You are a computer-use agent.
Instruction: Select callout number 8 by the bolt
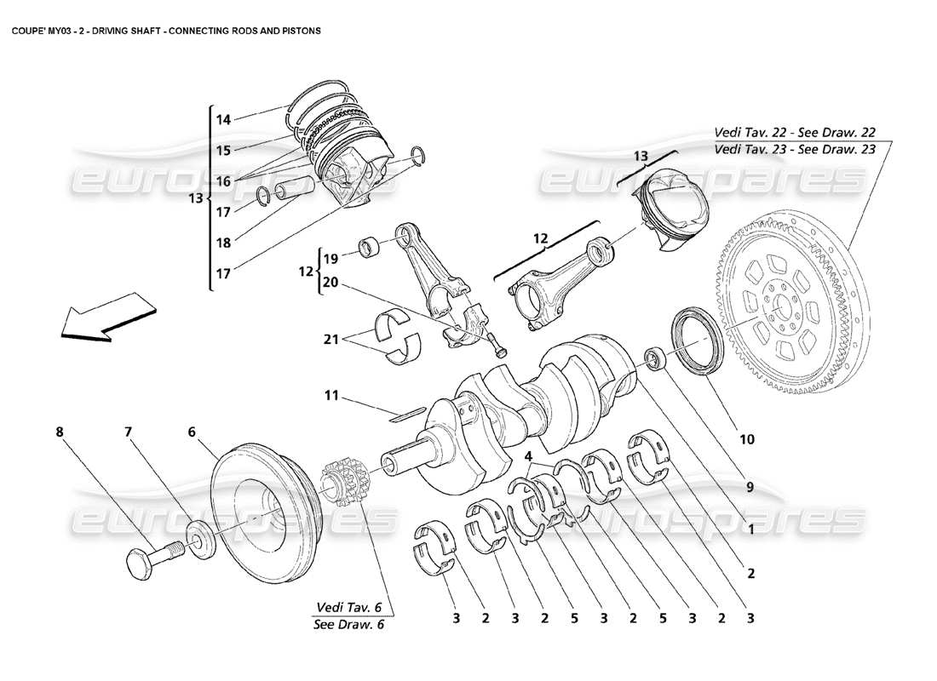pyautogui.click(x=60, y=432)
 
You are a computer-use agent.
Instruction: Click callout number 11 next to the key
pyautogui.click(x=331, y=396)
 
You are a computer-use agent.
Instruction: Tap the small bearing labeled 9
pyautogui.click(x=654, y=358)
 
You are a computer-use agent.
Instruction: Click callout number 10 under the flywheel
pyautogui.click(x=746, y=439)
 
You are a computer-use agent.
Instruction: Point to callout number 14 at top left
pyautogui.click(x=223, y=120)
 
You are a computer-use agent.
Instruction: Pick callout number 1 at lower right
pyautogui.click(x=750, y=529)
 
